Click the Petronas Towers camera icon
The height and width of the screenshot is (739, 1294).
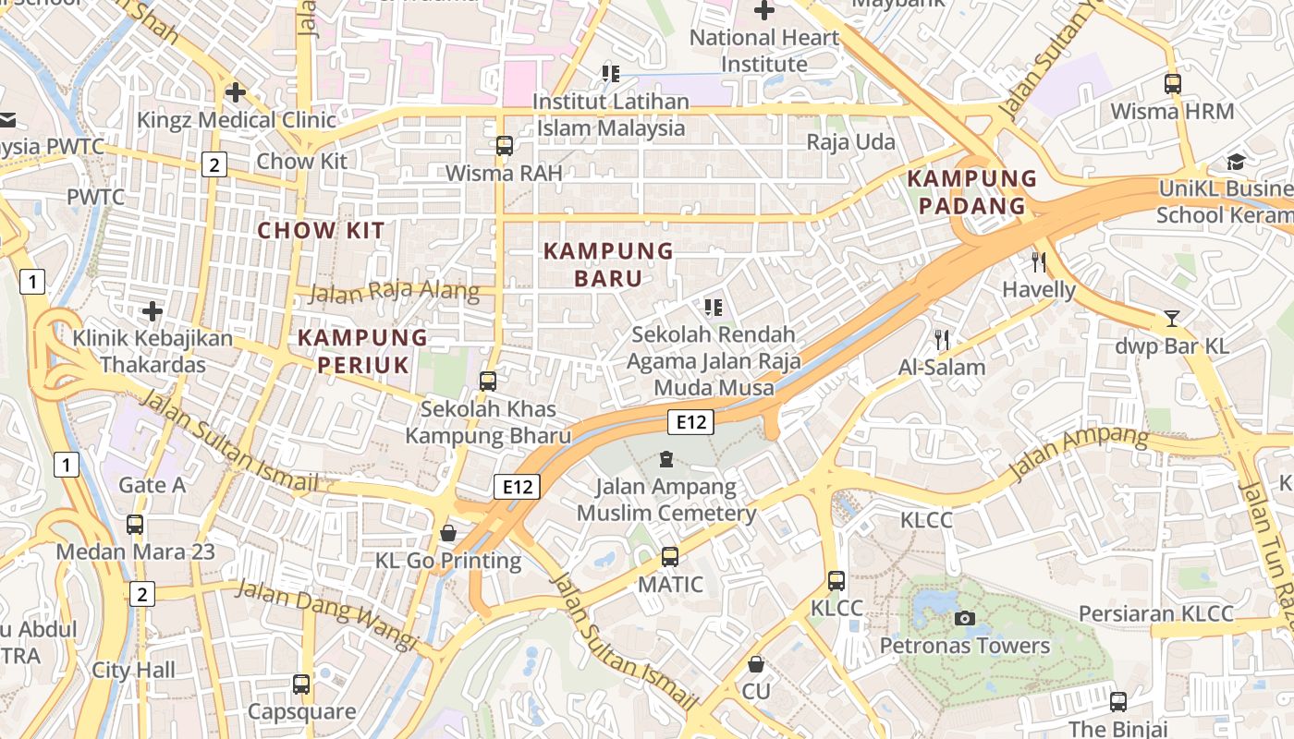coord(965,618)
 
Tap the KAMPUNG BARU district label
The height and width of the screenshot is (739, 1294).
coord(608,264)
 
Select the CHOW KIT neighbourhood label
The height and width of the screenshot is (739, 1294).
coord(321,231)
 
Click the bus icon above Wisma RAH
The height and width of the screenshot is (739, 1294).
coord(504,145)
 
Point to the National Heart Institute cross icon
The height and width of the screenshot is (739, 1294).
coord(763,11)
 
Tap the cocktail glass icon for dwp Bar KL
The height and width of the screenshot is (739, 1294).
coord(1172,319)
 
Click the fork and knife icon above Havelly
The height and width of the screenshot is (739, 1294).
coord(1039,262)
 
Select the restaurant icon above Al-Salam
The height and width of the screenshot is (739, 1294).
coord(942,339)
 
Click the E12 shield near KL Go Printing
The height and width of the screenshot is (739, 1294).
coord(516,487)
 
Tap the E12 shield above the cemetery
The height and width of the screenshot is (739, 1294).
coord(690,422)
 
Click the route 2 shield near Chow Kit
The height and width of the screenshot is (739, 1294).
coord(214,165)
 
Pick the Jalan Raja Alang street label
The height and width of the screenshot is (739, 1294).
coord(394,293)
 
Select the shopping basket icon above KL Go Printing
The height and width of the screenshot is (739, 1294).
coord(448,533)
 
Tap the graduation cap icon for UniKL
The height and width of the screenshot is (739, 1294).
coord(1236,163)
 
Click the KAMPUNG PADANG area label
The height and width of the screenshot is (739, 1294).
coord(971,192)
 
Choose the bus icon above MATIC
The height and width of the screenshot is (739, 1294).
coord(670,557)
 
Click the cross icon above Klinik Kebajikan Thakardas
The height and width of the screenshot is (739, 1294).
coord(153,311)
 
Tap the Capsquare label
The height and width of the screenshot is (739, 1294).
coord(301,711)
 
